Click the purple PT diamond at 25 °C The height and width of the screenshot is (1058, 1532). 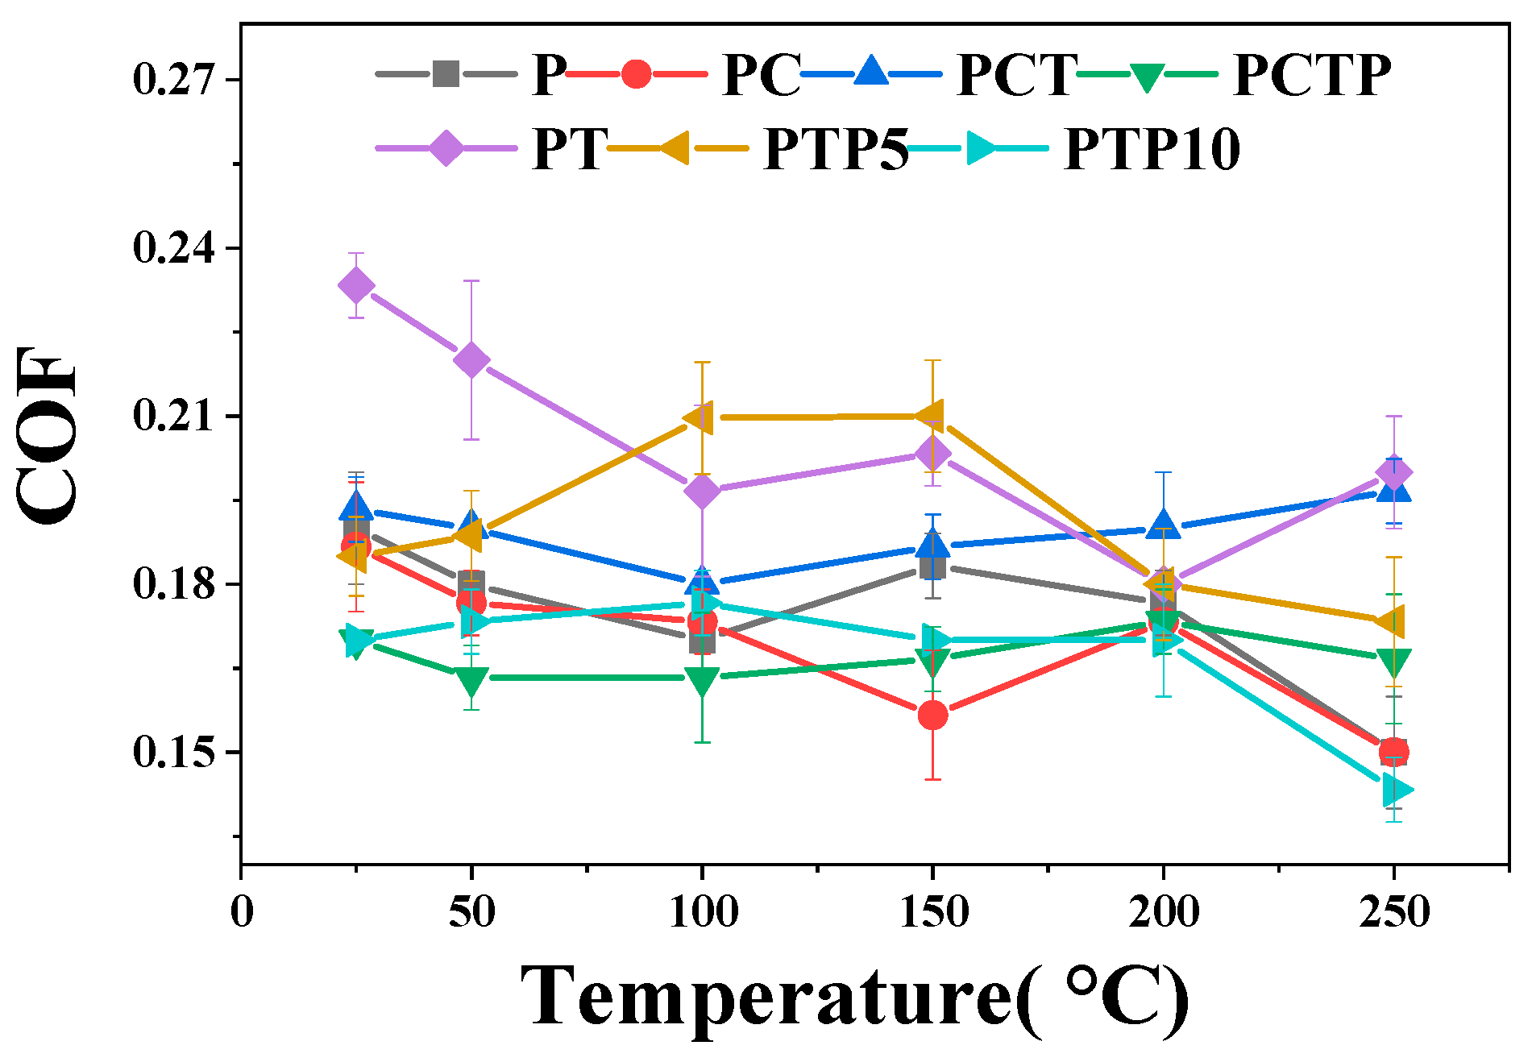pyautogui.click(x=356, y=285)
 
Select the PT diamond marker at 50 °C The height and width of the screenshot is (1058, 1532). pyautogui.click(x=471, y=359)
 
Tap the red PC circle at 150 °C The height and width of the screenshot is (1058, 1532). pyautogui.click(x=932, y=715)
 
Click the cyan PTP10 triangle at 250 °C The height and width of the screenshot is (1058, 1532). pyautogui.click(x=1396, y=790)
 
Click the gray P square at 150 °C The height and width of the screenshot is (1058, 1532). pyautogui.click(x=932, y=566)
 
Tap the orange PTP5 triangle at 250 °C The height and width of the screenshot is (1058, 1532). pyautogui.click(x=1391, y=622)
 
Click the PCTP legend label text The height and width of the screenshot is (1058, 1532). pyautogui.click(x=1312, y=76)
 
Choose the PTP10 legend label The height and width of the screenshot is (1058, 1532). pyautogui.click(x=1152, y=149)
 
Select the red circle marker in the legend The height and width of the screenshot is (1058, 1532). pyautogui.click(x=636, y=74)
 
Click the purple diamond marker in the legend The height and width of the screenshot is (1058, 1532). pyautogui.click(x=446, y=148)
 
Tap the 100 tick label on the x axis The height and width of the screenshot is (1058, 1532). pyautogui.click(x=703, y=912)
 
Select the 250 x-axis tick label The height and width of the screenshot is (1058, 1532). pyautogui.click(x=1394, y=912)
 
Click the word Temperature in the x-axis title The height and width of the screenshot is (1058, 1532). pyautogui.click(x=766, y=996)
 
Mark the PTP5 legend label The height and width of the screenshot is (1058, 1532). pyautogui.click(x=836, y=149)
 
